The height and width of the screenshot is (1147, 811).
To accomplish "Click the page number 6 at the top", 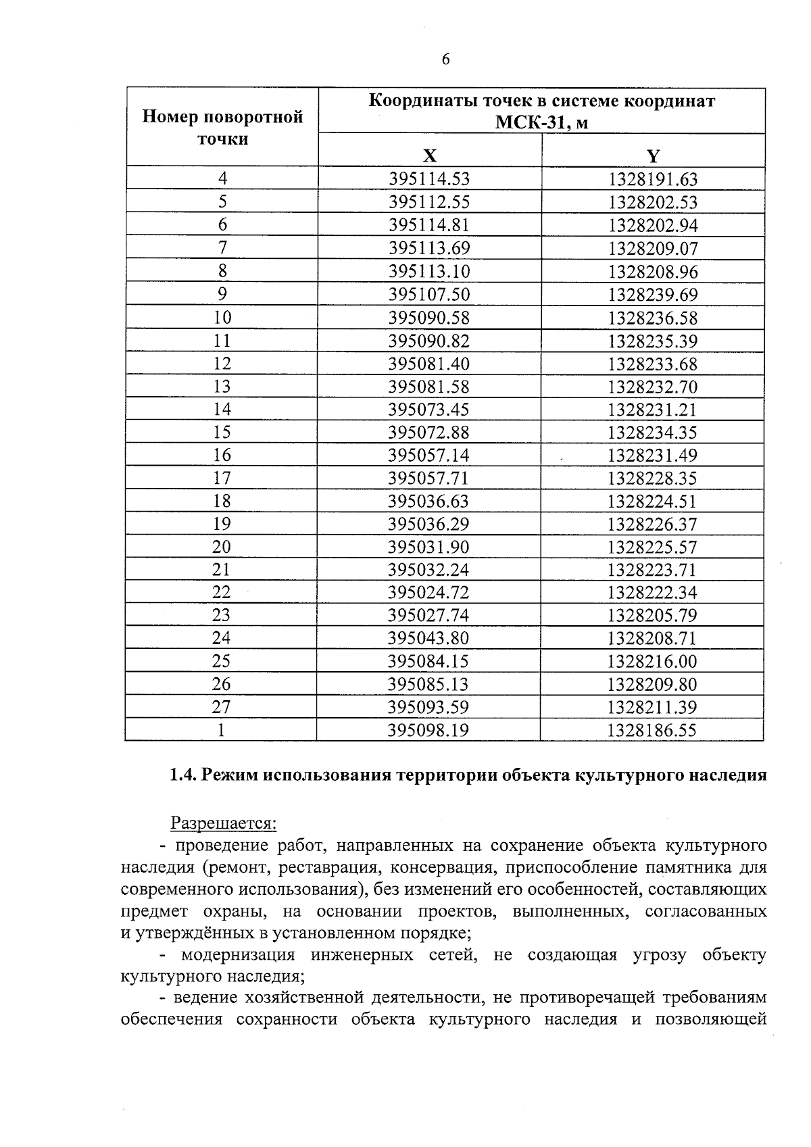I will pos(445,60).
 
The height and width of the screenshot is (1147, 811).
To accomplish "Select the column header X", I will pos(429,157).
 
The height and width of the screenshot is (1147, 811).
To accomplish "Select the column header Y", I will pos(653,157).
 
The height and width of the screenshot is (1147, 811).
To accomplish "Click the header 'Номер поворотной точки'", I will pos(222,128).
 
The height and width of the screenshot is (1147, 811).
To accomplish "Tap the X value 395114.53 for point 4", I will pos(429,179).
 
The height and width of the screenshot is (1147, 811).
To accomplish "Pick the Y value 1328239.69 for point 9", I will pos(653,295).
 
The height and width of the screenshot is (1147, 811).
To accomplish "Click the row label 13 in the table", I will pos(222,387).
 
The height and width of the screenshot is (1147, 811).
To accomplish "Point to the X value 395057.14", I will pos(428,456).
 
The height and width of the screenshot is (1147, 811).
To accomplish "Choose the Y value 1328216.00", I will pos(652,661).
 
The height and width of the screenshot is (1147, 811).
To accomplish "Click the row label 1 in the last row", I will pos(221,730).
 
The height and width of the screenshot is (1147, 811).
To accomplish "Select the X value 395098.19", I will pos(428,730).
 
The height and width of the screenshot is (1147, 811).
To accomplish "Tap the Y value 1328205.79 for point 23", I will pos(652,616).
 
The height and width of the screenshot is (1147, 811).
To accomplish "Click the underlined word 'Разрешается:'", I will pos(223,823).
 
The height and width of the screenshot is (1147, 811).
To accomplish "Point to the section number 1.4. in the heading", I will pos(182,775).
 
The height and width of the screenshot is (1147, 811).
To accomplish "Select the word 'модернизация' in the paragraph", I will pos(238,955).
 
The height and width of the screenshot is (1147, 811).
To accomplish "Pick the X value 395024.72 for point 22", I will pos(428,593).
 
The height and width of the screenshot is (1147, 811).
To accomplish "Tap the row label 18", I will pos(222,501).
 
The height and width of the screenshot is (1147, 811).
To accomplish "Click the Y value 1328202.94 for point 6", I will pos(653,225).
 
